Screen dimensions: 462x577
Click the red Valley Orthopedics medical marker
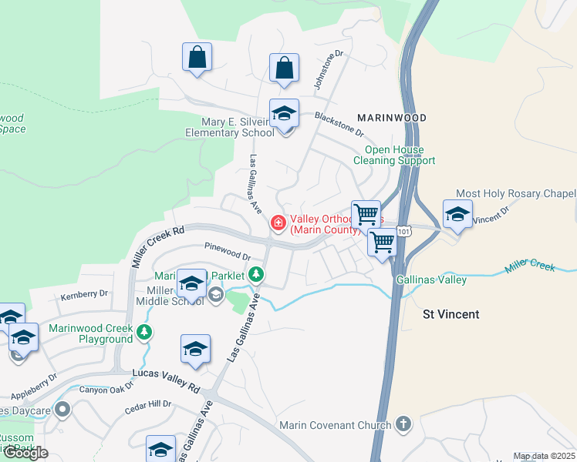point(278,223)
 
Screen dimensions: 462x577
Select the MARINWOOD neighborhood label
point(392,118)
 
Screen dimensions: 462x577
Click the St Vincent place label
point(451,314)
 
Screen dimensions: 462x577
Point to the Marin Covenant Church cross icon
point(403,423)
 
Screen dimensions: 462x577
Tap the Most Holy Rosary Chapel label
point(516,193)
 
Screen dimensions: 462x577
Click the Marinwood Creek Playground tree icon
point(144,333)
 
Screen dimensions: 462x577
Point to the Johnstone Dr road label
point(328,70)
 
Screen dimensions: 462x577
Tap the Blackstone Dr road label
point(343,123)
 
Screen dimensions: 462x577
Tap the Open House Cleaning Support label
point(394,155)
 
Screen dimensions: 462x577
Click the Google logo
point(25,453)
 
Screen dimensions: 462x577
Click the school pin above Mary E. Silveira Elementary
point(284,114)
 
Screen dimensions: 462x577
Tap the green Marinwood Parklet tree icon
point(256,275)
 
